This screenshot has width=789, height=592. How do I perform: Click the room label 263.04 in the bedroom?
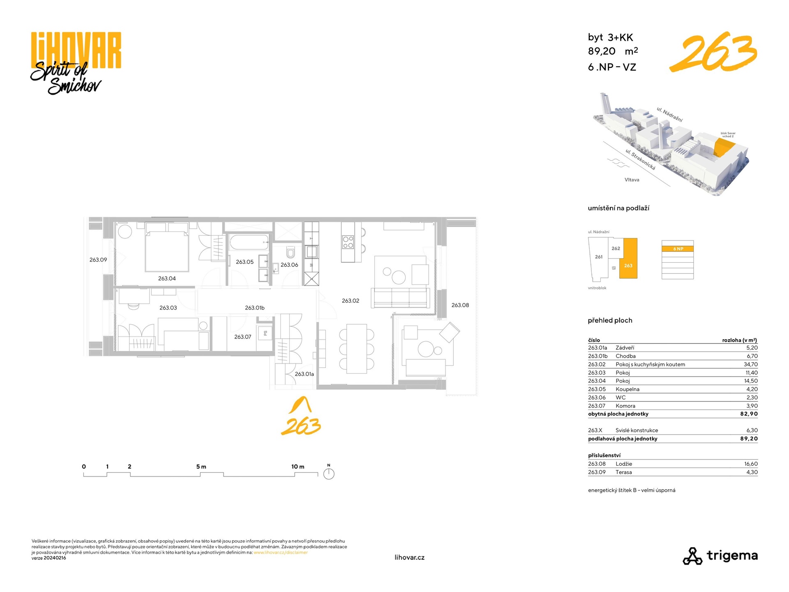coord(167,278)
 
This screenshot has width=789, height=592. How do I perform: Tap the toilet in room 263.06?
coord(291,251)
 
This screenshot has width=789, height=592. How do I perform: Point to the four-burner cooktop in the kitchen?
coord(348,242)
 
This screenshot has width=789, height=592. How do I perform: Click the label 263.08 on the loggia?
coord(460,305)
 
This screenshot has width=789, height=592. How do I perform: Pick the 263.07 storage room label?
coord(242,337)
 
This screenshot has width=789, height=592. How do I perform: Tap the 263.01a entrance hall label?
coord(305,374)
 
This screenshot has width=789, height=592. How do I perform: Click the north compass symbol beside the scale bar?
coord(329,474)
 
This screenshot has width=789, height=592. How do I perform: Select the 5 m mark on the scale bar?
coord(201,467)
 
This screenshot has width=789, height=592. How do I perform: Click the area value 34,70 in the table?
coord(751,364)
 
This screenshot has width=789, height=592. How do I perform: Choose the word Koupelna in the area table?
coord(628,389)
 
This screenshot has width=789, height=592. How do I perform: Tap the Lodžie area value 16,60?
coord(751,464)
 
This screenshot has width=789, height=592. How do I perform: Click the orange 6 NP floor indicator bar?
coord(678,249)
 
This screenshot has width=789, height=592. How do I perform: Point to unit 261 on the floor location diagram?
coord(599,257)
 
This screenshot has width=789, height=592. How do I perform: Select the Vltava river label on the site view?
coord(632,180)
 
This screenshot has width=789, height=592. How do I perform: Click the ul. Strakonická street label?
coord(640,160)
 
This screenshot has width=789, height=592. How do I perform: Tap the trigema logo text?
coord(732,556)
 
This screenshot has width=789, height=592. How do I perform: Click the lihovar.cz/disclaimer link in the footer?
coord(281,553)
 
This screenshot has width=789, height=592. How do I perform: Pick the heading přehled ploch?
coord(610,320)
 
